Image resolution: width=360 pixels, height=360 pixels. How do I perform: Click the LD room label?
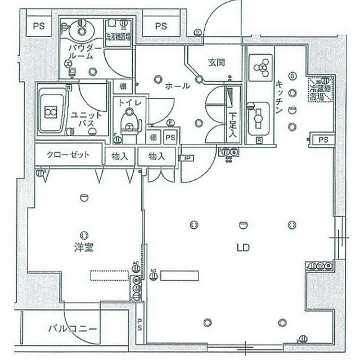[x=243, y=247]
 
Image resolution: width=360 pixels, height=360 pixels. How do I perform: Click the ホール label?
[x=177, y=86]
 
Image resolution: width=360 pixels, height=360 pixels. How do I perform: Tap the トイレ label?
[x=129, y=103]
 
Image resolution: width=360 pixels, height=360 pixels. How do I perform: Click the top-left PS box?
[x=38, y=26]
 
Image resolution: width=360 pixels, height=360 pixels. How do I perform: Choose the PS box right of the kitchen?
[x=323, y=139]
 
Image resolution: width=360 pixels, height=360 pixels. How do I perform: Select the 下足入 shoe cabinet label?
[x=232, y=123]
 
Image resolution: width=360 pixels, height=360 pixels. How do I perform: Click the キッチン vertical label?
[x=279, y=97]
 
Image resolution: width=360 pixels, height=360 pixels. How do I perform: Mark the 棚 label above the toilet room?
[x=122, y=87]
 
